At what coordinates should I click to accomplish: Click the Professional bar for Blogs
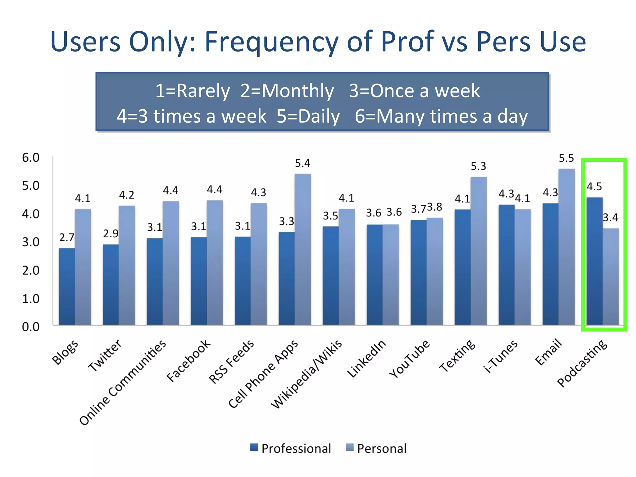(67, 286)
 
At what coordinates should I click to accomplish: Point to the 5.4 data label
(302, 163)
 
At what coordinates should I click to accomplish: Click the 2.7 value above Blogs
(67, 238)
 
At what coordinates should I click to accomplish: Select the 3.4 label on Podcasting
(610, 218)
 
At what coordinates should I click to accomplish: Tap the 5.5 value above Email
(566, 158)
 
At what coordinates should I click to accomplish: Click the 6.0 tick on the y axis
(31, 158)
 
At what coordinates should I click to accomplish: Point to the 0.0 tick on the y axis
(31, 327)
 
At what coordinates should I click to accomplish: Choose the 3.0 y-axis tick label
(31, 242)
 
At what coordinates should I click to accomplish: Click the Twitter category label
(105, 355)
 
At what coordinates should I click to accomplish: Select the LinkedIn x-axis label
(366, 358)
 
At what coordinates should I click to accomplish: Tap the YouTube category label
(409, 358)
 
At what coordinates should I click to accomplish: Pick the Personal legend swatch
(350, 447)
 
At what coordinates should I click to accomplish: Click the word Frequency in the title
(271, 42)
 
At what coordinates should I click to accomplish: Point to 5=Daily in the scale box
(308, 116)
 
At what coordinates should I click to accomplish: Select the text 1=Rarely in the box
(192, 91)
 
